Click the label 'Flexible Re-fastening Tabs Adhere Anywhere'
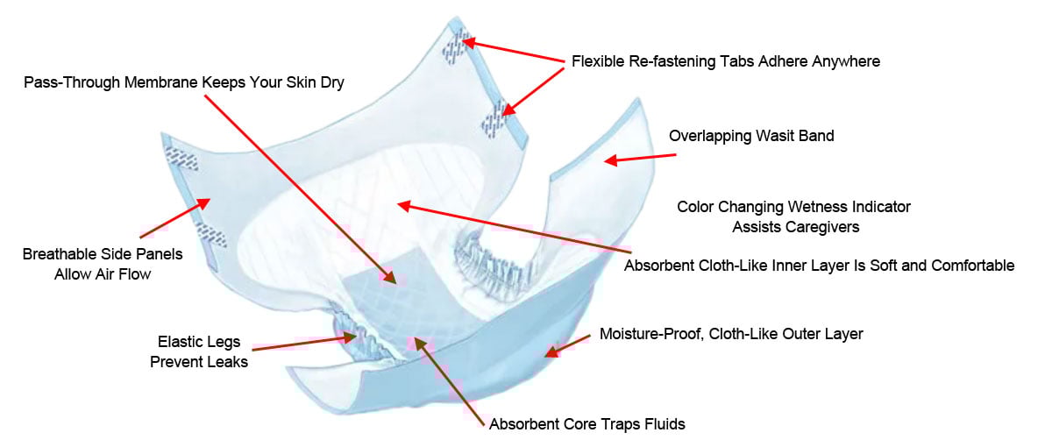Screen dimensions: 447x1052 coord(725,61)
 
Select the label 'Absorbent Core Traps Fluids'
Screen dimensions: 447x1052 coord(586,424)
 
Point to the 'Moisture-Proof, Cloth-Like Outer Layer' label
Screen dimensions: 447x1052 coord(731,334)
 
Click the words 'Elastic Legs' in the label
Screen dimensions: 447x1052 coord(199,343)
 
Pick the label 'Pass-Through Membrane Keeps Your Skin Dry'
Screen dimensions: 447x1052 coord(184,82)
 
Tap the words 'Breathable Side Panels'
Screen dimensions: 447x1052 coord(103,255)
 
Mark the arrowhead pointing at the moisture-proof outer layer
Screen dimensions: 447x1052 coord(550,351)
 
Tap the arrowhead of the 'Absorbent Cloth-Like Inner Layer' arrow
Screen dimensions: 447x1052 coord(402,205)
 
